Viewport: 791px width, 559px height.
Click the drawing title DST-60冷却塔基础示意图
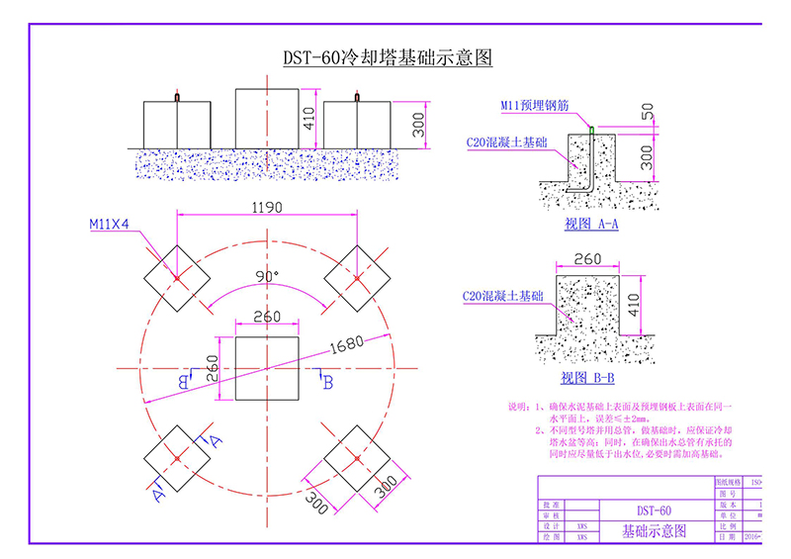point(388,57)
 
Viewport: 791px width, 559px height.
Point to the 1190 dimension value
point(267,208)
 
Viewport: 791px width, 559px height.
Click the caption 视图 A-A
point(591,225)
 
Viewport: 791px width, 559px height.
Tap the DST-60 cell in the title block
point(651,510)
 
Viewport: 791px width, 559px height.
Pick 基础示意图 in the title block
point(652,531)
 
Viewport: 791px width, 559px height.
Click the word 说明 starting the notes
point(518,407)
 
